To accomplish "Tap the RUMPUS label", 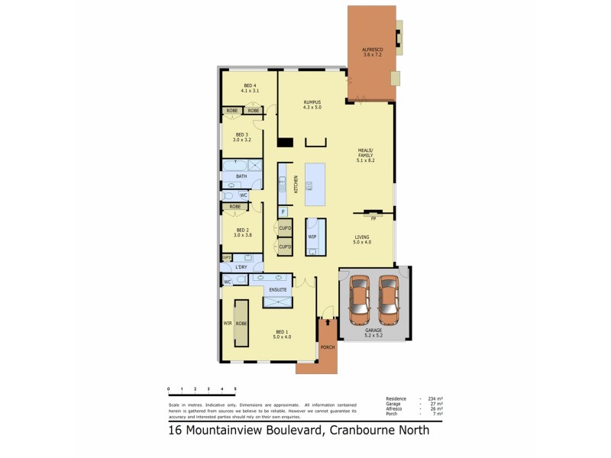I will [x=312, y=105].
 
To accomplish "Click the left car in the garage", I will [x=360, y=299].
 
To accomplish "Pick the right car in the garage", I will [x=388, y=299].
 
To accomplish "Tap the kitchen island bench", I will [x=315, y=184].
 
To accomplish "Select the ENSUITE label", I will [x=278, y=290].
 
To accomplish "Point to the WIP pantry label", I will [x=312, y=237].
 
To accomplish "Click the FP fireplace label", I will [x=373, y=218].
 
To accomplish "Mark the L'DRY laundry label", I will [x=241, y=267].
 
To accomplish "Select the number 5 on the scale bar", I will [x=235, y=389].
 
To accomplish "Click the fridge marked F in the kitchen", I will [x=283, y=211].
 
